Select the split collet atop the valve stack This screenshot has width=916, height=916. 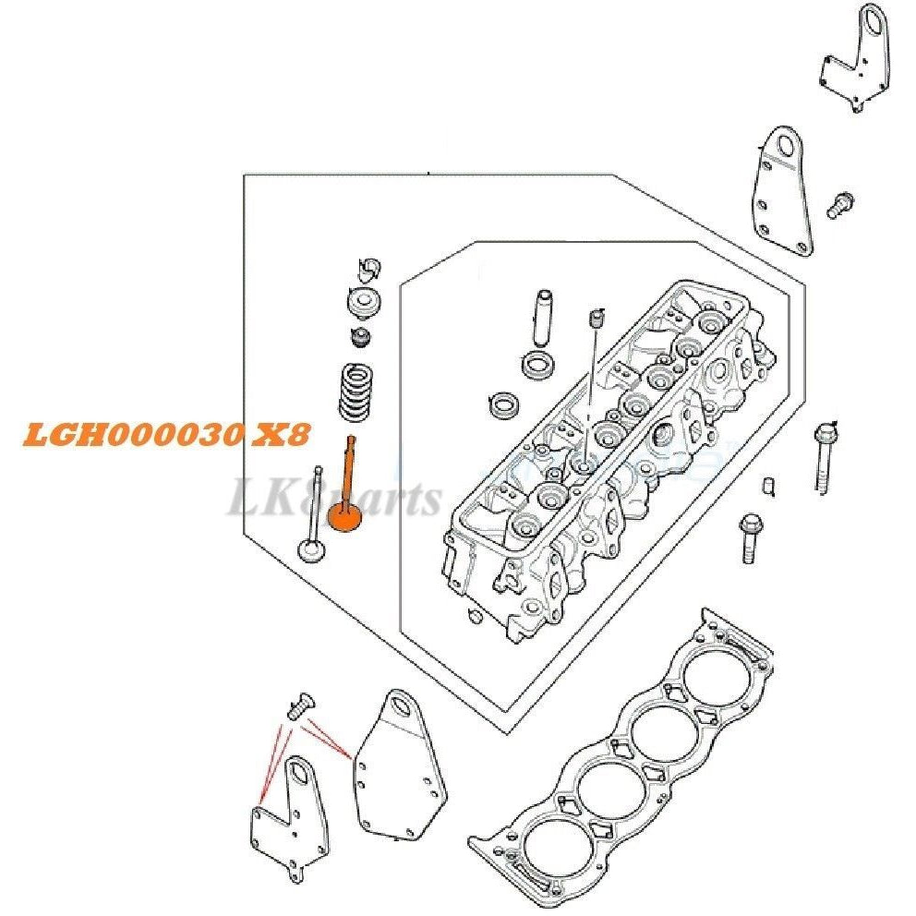tap(368, 269)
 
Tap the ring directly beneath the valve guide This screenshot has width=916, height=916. tap(537, 363)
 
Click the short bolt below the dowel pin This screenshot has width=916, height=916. tap(749, 538)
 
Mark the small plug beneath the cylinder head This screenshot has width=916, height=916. tap(474, 616)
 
